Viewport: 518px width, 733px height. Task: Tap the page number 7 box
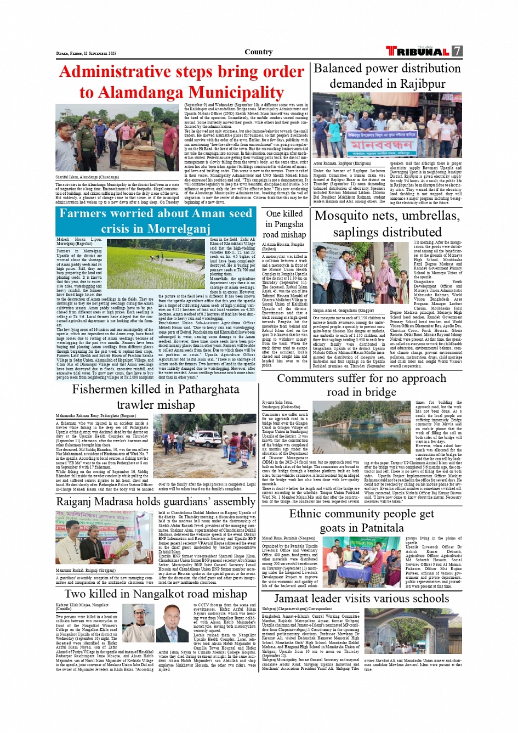pyautogui.click(x=457, y=52)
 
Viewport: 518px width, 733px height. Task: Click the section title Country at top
pyautogui.click(x=258, y=52)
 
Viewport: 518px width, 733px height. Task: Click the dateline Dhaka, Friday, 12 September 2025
pyautogui.click(x=86, y=54)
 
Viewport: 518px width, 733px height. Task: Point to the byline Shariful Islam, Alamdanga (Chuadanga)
pyautogui.click(x=87, y=177)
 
